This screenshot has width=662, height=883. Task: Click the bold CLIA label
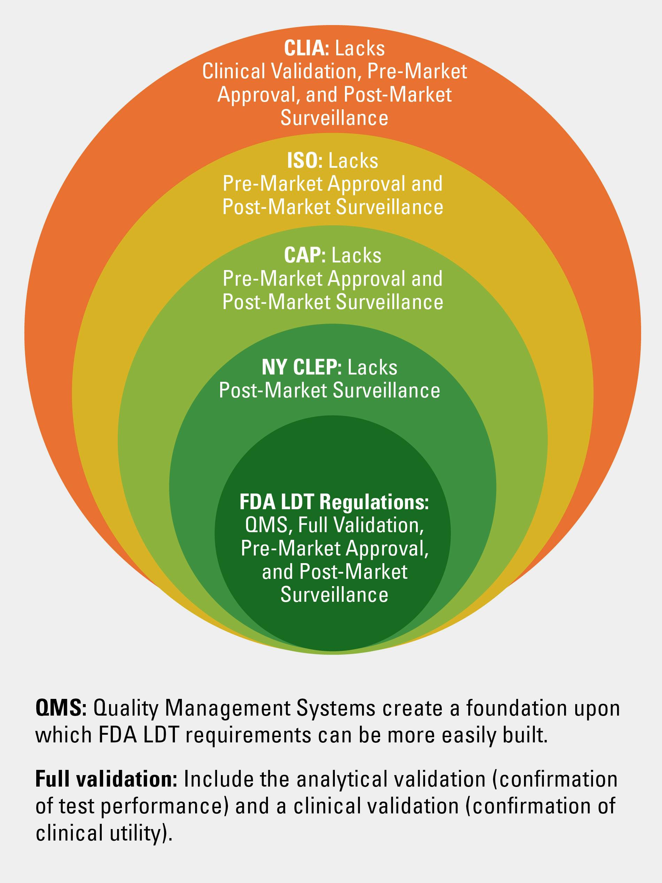click(306, 49)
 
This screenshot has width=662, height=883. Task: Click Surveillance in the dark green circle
click(334, 595)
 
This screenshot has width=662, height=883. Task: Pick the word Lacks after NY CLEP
click(372, 367)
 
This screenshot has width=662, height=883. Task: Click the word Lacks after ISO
click(353, 161)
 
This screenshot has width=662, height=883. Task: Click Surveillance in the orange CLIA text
click(334, 118)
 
